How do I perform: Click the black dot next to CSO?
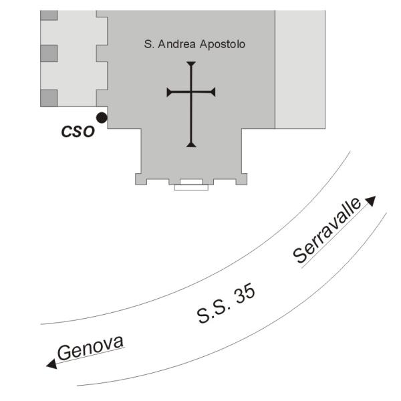coord(101,118)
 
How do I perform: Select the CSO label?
coord(78,132)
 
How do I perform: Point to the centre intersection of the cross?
coord(191,92)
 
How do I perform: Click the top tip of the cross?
coord(191,63)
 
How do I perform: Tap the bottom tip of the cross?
coord(191,144)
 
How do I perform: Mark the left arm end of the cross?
coord(169,92)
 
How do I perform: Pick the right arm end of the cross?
coord(214,92)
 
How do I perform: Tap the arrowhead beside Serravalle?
coord(370,200)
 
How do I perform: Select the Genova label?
coord(90,349)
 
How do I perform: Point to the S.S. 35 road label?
coord(227,304)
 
